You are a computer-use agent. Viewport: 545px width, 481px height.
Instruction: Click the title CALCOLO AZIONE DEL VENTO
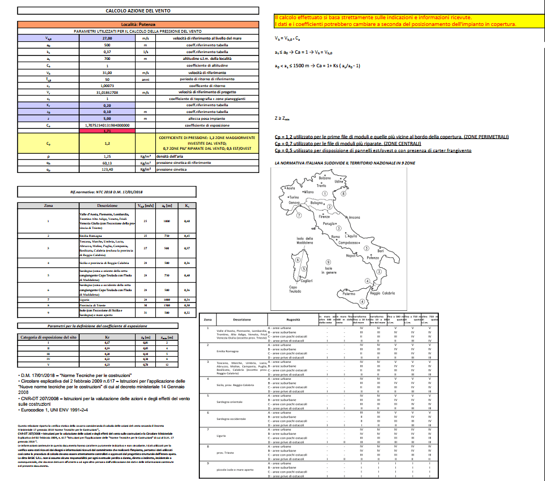(x=133, y=11)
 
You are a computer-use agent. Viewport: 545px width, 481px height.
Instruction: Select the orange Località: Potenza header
(x=133, y=24)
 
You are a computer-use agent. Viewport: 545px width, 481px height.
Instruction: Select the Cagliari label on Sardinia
(x=307, y=281)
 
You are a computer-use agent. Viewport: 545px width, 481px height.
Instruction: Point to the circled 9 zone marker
(x=328, y=261)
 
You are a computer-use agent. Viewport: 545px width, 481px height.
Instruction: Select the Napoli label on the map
(x=353, y=256)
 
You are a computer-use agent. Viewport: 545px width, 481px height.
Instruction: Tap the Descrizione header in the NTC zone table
(x=107, y=206)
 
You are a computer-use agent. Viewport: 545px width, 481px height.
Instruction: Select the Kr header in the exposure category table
(x=107, y=337)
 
